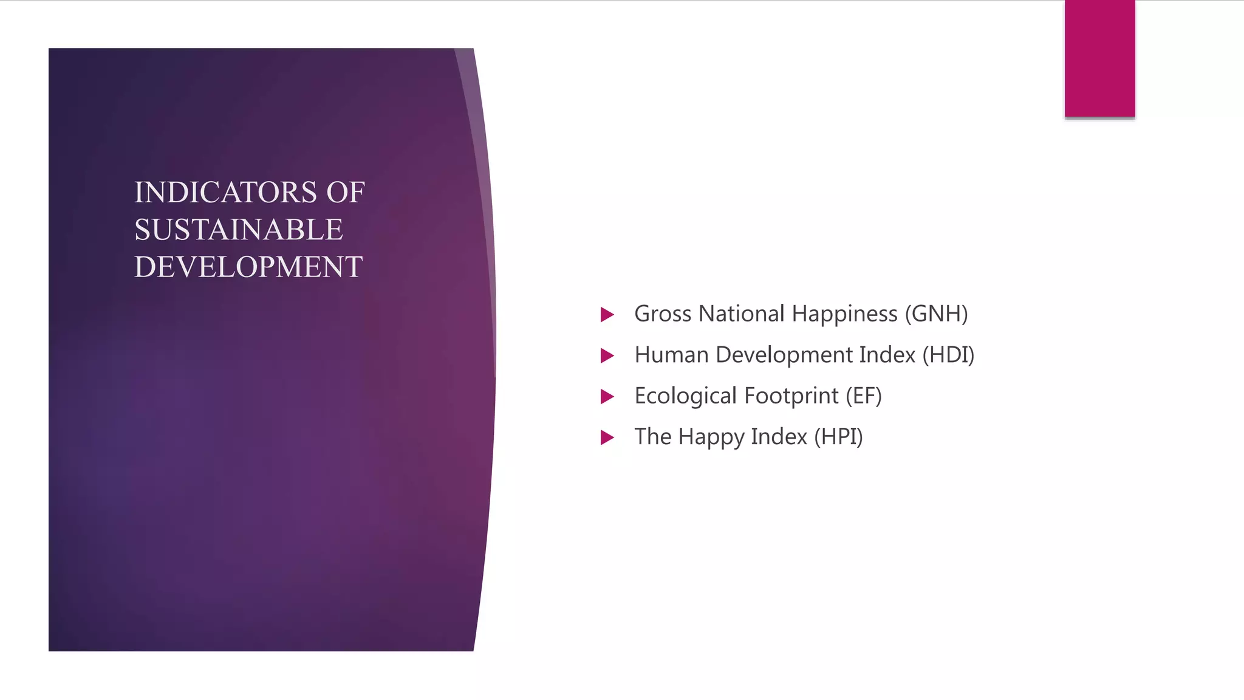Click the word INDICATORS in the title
tap(225, 193)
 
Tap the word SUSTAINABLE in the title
tap(239, 230)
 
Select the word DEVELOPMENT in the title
tap(248, 267)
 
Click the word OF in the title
tap(345, 193)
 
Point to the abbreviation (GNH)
tap(936, 314)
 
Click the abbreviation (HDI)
tap(948, 355)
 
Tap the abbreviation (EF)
tap(863, 396)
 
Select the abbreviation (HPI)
tap(838, 437)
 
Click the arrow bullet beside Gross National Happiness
tap(607, 315)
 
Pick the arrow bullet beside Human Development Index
tap(607, 355)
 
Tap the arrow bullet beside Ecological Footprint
tap(607, 397)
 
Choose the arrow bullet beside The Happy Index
tap(607, 437)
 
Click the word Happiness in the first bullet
tap(844, 314)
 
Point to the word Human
tap(671, 355)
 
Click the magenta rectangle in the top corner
tap(1099, 58)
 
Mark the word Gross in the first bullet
tap(663, 314)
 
